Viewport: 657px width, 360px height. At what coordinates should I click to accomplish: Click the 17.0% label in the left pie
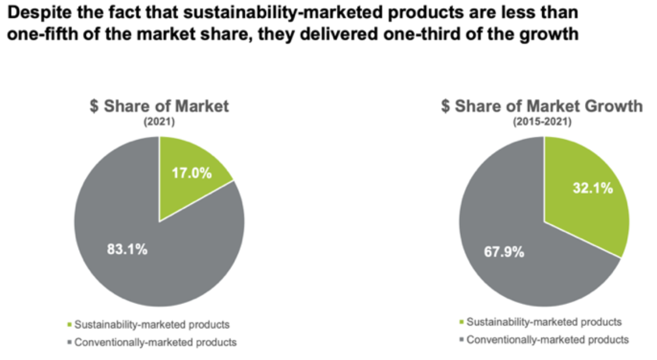click(192, 173)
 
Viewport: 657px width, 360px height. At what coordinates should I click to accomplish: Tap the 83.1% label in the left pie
click(127, 249)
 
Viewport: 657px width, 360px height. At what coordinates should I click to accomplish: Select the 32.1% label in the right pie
click(593, 188)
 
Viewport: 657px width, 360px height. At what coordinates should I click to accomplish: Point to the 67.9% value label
click(504, 252)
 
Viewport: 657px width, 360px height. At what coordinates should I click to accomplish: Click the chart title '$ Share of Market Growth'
click(542, 106)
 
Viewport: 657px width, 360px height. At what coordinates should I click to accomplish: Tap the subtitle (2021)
click(159, 122)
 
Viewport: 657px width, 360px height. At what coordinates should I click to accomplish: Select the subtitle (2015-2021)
click(542, 122)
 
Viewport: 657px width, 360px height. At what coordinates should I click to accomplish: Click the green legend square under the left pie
click(70, 325)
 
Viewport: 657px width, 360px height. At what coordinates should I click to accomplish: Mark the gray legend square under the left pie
click(70, 342)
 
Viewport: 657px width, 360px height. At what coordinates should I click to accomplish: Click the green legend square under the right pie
click(462, 322)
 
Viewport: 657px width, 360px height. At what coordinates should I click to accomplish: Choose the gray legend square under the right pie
click(462, 340)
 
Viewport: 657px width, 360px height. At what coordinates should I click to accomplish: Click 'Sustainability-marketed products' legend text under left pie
click(152, 325)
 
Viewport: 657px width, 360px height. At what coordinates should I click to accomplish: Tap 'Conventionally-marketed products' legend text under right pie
click(548, 340)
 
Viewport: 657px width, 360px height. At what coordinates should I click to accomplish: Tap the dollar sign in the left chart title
click(94, 106)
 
